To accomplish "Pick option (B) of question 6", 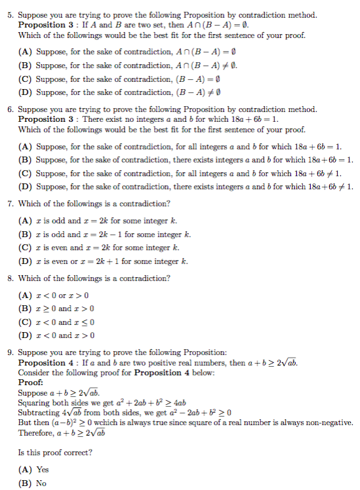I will pyautogui.click(x=26, y=159).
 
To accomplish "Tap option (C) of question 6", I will pyautogui.click(x=26, y=173).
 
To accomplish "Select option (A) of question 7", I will pyautogui.click(x=26, y=221).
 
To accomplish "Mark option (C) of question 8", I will pyautogui.click(x=26, y=322).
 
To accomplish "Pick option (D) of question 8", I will pyautogui.click(x=26, y=335).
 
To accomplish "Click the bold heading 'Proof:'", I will pyautogui.click(x=31, y=382).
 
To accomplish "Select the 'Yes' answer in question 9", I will pyautogui.click(x=37, y=470).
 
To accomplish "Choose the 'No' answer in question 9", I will pyautogui.click(x=36, y=483).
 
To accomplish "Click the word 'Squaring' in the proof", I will pyautogui.click(x=32, y=402).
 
